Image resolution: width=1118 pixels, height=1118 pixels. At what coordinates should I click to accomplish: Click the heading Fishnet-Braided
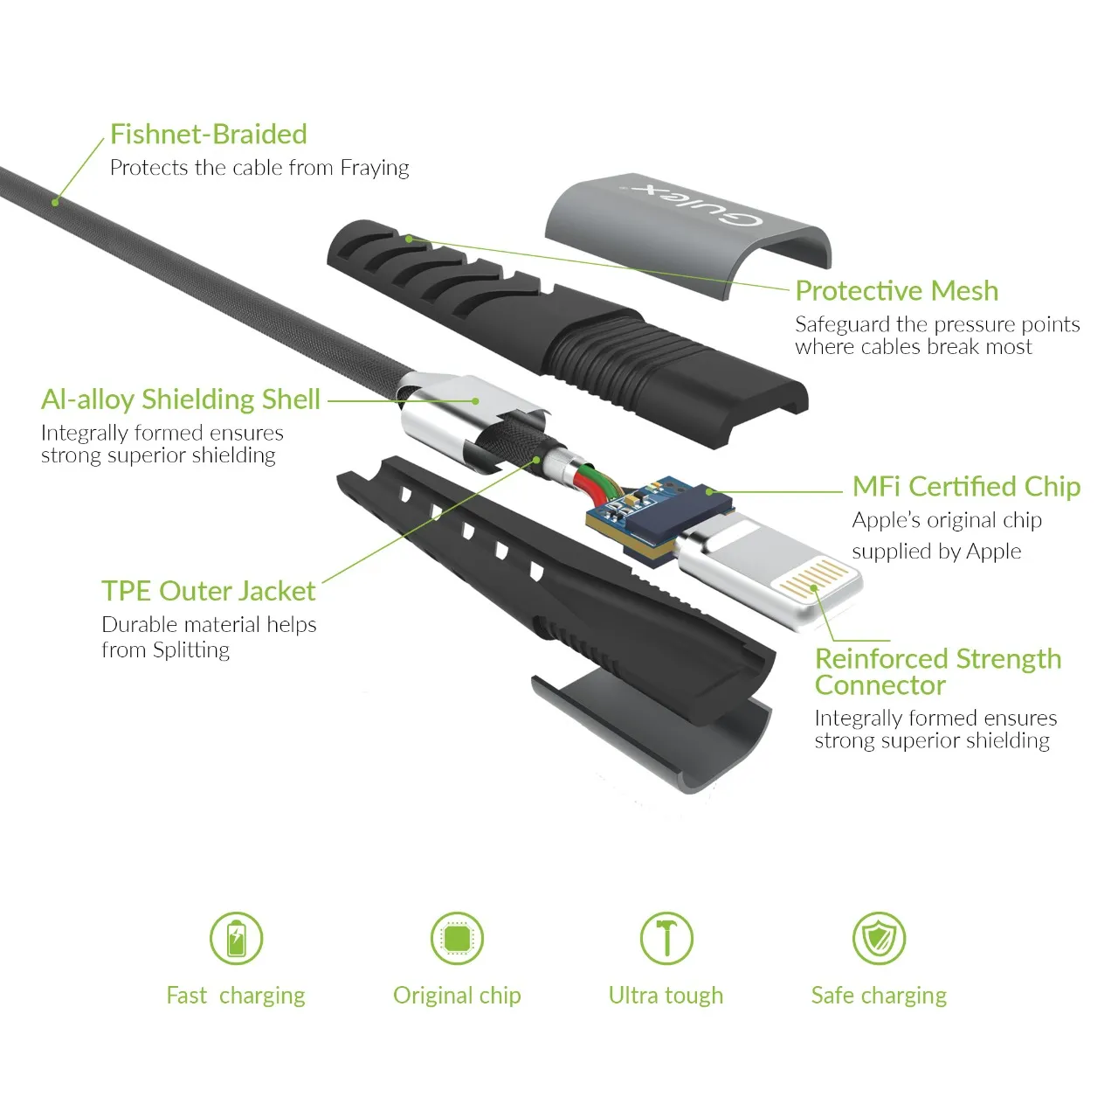click(208, 134)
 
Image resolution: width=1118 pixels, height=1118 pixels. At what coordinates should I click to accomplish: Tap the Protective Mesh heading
click(896, 290)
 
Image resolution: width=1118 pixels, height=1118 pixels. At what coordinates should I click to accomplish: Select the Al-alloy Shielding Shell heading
click(181, 399)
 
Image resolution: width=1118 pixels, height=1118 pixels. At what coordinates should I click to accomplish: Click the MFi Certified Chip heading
click(966, 487)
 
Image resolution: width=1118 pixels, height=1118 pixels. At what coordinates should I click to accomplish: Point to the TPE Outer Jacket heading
click(208, 591)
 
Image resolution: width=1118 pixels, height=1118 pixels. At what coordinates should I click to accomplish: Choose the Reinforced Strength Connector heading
click(937, 672)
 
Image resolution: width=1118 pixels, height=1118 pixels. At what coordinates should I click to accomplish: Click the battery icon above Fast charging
click(236, 938)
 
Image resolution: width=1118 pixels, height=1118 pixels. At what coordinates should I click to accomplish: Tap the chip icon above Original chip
click(457, 938)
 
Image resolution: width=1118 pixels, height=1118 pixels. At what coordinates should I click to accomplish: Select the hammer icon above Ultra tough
click(666, 938)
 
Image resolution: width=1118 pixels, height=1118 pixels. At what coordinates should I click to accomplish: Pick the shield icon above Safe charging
click(879, 938)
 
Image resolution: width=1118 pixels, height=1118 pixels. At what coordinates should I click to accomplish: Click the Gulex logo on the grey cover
click(693, 205)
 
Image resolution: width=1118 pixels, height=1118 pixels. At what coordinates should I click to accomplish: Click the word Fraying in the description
click(374, 169)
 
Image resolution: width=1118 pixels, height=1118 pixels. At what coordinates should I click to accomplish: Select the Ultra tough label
click(666, 996)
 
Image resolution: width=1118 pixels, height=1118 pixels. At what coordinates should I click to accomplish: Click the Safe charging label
click(879, 996)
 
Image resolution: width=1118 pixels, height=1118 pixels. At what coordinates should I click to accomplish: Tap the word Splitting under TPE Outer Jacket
click(191, 649)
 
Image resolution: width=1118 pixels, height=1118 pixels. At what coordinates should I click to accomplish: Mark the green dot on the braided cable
click(55, 202)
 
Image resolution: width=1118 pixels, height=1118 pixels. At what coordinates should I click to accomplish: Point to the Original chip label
click(457, 996)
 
